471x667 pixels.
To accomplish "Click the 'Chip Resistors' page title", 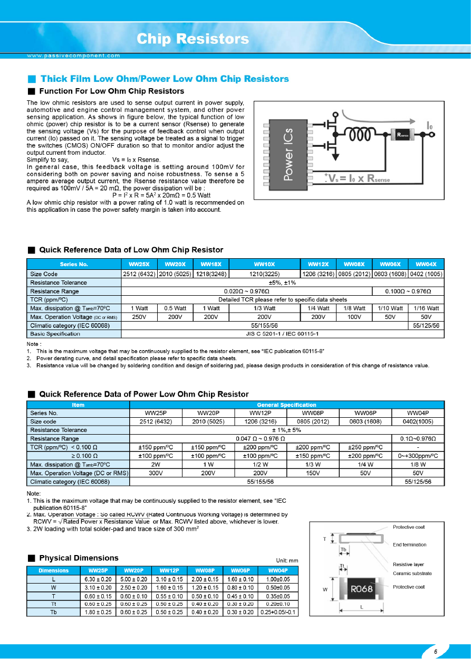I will (193, 39).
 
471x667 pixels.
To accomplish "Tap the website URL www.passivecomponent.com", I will (74, 55).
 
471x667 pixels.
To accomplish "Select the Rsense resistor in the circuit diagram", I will (406, 135).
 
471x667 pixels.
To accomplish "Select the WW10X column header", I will (264, 264).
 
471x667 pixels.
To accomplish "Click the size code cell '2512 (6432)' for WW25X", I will (139, 274).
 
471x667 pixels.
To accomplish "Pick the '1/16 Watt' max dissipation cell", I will (426, 308).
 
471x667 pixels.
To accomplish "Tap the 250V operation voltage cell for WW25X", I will (139, 316).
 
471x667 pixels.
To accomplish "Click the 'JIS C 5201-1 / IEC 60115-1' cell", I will (282, 334).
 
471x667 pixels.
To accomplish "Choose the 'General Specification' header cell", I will (286, 405).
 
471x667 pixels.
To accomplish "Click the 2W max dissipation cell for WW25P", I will (156, 464).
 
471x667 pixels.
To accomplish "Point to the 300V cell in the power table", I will (156, 473).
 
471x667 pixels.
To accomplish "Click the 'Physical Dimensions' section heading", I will (79, 558).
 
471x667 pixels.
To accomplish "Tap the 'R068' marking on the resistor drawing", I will (362, 588).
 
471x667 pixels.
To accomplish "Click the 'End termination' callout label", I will (409, 544).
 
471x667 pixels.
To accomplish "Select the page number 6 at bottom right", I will (436, 652).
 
